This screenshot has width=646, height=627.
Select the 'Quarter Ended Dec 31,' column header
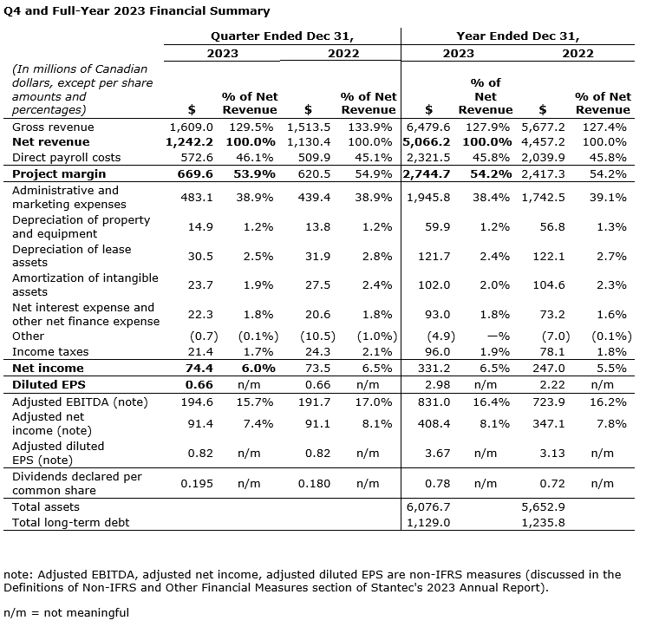coord(283,36)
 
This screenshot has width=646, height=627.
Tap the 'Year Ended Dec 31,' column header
coord(518,36)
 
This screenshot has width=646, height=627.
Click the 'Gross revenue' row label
coord(54,127)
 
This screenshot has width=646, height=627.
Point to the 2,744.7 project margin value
coord(427,173)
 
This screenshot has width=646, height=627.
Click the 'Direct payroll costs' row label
coord(67,158)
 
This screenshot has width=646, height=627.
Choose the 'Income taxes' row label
coord(51,351)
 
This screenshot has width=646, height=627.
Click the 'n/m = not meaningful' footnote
coord(67,612)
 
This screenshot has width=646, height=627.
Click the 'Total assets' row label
coord(46,506)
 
